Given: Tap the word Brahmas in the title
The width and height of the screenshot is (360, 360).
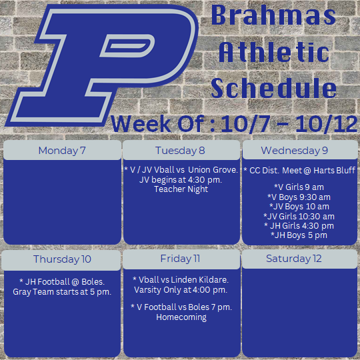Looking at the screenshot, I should coord(274,16).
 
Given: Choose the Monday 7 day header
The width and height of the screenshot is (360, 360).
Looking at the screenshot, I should coord(62,150).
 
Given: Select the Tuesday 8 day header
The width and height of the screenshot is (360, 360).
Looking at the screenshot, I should coord(180,150).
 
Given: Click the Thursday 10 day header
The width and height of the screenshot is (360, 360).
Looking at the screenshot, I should coord(62,259).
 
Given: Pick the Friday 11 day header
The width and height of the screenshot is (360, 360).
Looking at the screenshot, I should coord(180,259).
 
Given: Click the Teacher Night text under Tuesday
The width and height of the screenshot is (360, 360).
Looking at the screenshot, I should coord(181,189).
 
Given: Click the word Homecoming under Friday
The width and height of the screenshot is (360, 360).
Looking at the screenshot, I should coord(181,317).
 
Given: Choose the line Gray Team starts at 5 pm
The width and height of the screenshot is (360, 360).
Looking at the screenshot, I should coord(62,291).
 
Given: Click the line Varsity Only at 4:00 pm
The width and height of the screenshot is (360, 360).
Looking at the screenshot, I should coord(181,289).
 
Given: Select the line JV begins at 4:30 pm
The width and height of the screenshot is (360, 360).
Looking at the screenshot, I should coord(181,179).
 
